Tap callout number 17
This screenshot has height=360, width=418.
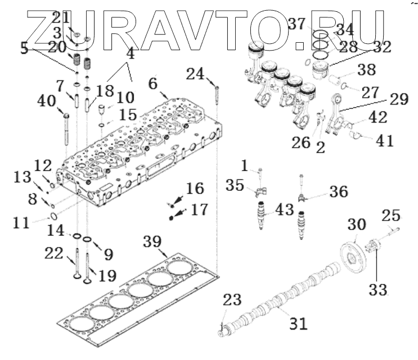(x=199, y=210)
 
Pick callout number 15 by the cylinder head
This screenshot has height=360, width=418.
(x=128, y=115)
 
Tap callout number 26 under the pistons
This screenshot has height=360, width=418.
(x=302, y=142)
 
